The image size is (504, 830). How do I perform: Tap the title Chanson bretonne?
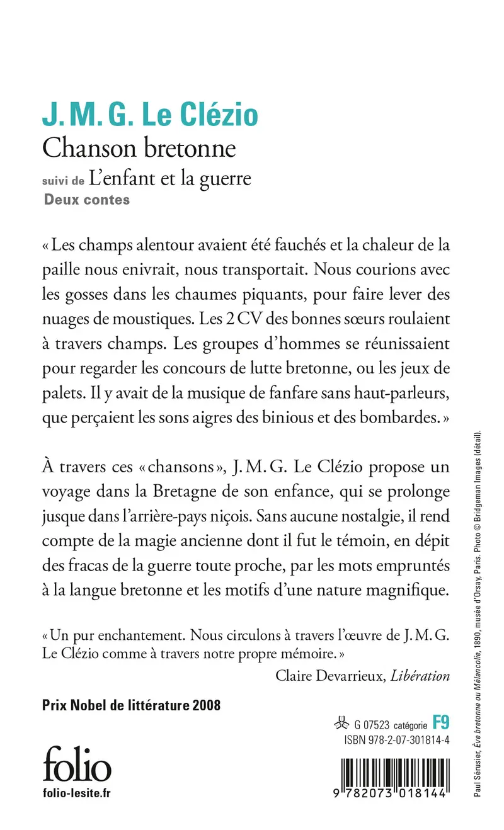[x=139, y=148]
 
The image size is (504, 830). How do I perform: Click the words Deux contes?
[x=86, y=201]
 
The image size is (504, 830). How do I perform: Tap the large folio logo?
[x=77, y=765]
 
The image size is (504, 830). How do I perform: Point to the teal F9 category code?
[x=440, y=722]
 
